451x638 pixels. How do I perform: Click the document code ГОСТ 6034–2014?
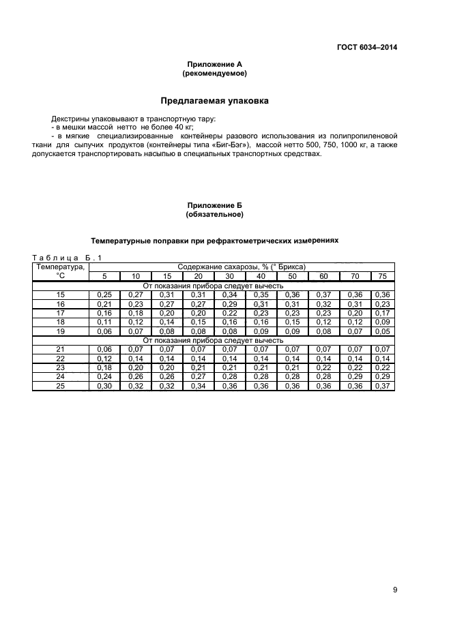pyautogui.click(x=366, y=47)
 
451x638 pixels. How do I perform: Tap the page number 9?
pyautogui.click(x=394, y=591)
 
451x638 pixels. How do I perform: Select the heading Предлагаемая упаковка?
pyautogui.click(x=214, y=101)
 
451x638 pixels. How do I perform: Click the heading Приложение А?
pyautogui.click(x=214, y=64)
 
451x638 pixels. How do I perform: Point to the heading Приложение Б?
pyautogui.click(x=214, y=205)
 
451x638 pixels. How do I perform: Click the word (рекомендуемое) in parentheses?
pyautogui.click(x=214, y=72)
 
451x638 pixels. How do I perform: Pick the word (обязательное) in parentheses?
pyautogui.click(x=214, y=214)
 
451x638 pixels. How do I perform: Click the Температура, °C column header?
pyautogui.click(x=60, y=271)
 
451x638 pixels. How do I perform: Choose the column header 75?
pyautogui.click(x=382, y=276)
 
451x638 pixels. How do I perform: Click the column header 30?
pyautogui.click(x=229, y=276)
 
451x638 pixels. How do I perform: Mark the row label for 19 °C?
pyautogui.click(x=60, y=331)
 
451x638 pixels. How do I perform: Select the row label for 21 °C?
pyautogui.click(x=60, y=349)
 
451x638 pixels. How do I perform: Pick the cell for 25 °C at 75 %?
pyautogui.click(x=382, y=386)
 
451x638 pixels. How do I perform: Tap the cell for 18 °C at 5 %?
pyautogui.click(x=104, y=322)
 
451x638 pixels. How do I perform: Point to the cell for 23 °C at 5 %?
pyautogui.click(x=104, y=367)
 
